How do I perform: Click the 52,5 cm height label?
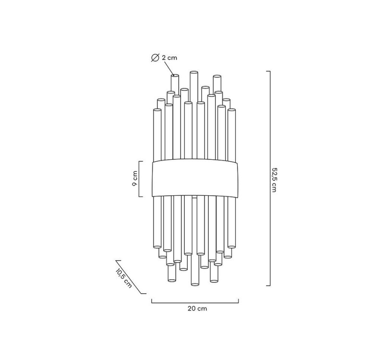click(274, 180)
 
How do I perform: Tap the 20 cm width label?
click(197, 308)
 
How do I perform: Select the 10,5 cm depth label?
click(124, 278)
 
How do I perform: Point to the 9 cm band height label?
click(135, 178)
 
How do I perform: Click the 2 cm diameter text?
click(169, 58)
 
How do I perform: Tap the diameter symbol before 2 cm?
click(155, 58)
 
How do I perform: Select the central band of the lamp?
click(195, 178)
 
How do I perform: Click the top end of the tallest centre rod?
click(194, 73)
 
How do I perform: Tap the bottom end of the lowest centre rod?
click(195, 284)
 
